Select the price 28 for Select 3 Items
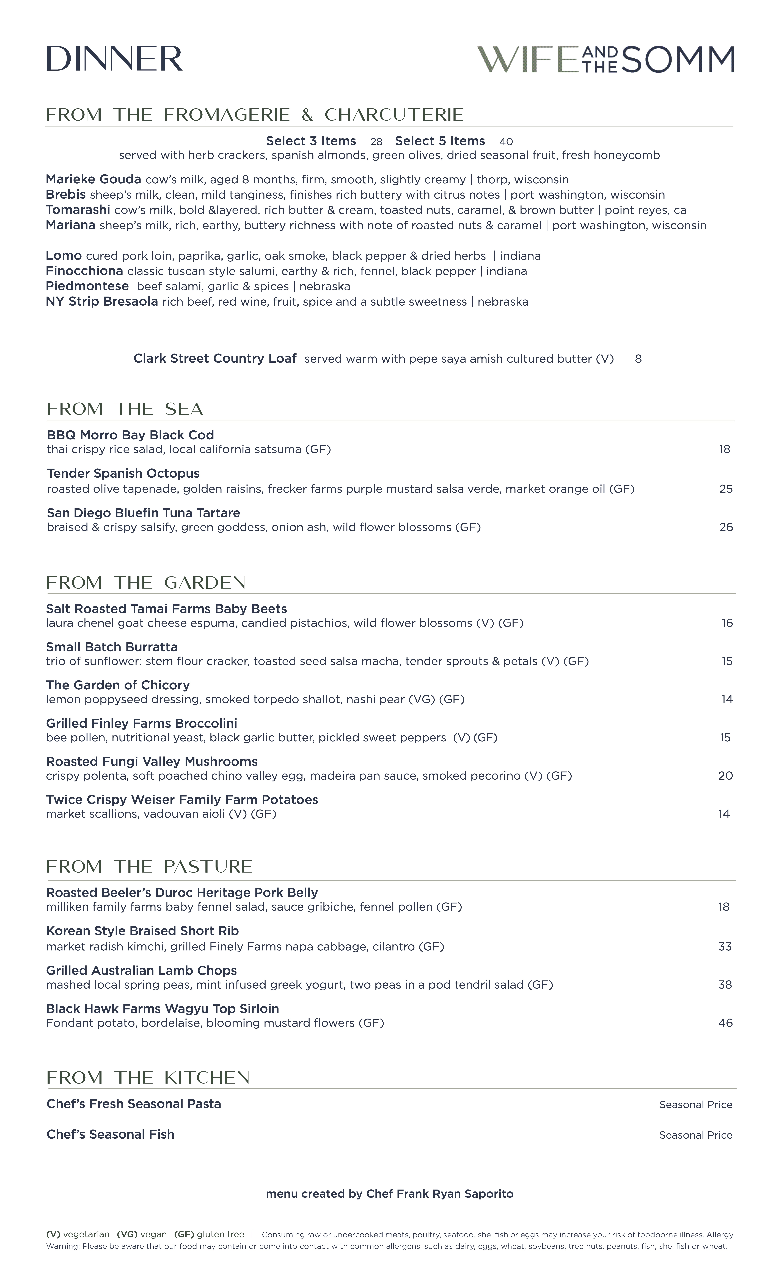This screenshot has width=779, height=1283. coord(376,142)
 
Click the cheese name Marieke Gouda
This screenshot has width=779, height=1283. coord(93,180)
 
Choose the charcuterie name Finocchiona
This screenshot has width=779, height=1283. coord(84,271)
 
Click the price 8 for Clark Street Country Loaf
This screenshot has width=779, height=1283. coord(638,359)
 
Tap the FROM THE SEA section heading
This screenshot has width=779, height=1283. coord(125,409)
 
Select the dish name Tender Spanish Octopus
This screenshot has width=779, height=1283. coord(123,473)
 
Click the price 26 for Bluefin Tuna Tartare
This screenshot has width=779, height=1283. coord(725,527)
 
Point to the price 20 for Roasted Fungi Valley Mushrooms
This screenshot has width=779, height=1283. coord(725,776)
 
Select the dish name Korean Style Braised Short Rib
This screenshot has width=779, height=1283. coord(142,931)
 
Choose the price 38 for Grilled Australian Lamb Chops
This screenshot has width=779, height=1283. coord(725,985)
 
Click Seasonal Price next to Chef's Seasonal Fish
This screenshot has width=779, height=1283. coord(695,1135)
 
